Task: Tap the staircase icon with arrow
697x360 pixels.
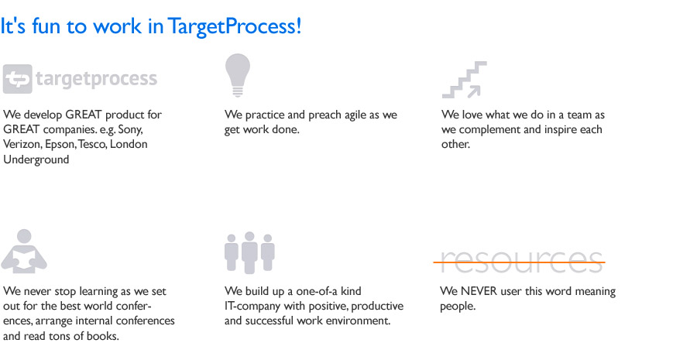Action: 465,80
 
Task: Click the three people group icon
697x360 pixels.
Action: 249,252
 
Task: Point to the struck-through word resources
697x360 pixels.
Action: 520,262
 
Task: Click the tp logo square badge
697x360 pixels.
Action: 17,79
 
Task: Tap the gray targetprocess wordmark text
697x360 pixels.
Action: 97,80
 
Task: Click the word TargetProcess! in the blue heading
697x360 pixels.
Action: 235,26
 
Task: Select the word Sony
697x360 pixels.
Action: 130,130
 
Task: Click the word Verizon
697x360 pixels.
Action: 22,145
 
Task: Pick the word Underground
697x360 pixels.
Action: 36,159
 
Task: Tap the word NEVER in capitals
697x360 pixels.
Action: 479,292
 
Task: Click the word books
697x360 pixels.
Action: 103,336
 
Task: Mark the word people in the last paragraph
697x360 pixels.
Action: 458,307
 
